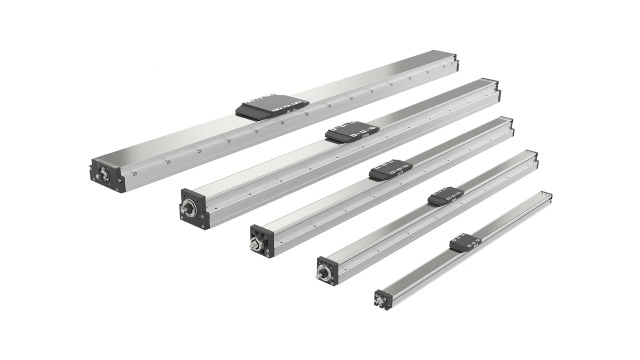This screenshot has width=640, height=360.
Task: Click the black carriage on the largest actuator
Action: pyautogui.click(x=272, y=105)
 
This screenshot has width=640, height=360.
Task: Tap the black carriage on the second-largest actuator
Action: pyautogui.click(x=351, y=132)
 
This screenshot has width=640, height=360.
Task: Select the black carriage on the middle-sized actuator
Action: pyautogui.click(x=390, y=170)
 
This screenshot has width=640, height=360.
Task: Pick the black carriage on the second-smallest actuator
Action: pyautogui.click(x=445, y=196)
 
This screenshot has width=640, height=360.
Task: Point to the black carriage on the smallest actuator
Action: pyautogui.click(x=465, y=242)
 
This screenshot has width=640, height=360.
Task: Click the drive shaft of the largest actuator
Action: pyautogui.click(x=101, y=171)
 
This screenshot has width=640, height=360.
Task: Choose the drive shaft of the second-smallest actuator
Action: pyautogui.click(x=324, y=270)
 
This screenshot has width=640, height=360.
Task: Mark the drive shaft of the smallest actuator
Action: pyautogui.click(x=381, y=297)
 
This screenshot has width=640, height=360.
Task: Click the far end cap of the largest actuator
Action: pyautogui.click(x=454, y=62)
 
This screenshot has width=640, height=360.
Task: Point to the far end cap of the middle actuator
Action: pyautogui.click(x=509, y=127)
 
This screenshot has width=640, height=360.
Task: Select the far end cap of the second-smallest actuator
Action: pyautogui.click(x=533, y=158)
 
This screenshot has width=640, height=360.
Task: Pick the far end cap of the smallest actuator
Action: pyautogui.click(x=548, y=195)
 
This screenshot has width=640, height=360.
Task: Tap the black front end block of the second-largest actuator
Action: pyautogui.click(x=195, y=209)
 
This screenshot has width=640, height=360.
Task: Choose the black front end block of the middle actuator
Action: pyautogui.click(x=263, y=240)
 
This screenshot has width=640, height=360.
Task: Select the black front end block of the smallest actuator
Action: pyautogui.click(x=384, y=298)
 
